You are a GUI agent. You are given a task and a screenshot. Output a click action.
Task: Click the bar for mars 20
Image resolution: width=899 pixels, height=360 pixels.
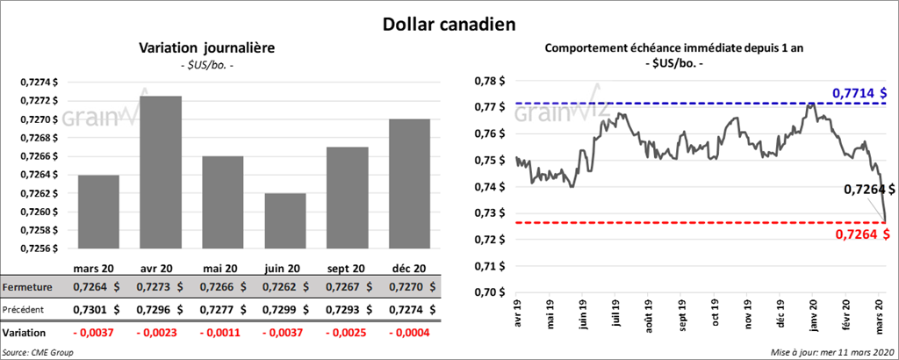(98, 212)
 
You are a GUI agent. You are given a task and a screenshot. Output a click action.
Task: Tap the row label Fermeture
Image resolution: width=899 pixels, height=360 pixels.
(27, 287)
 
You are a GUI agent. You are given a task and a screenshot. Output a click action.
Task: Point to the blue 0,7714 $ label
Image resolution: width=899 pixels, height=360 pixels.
(859, 92)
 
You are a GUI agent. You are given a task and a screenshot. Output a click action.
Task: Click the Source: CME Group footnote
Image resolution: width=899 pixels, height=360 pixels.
(38, 351)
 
